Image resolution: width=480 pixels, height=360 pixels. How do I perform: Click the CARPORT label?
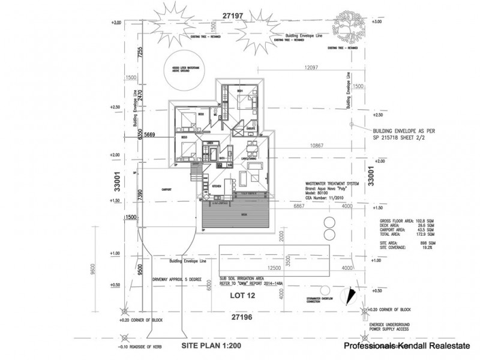click(x=167, y=190)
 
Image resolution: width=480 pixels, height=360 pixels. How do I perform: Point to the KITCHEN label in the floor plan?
click(x=217, y=187)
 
